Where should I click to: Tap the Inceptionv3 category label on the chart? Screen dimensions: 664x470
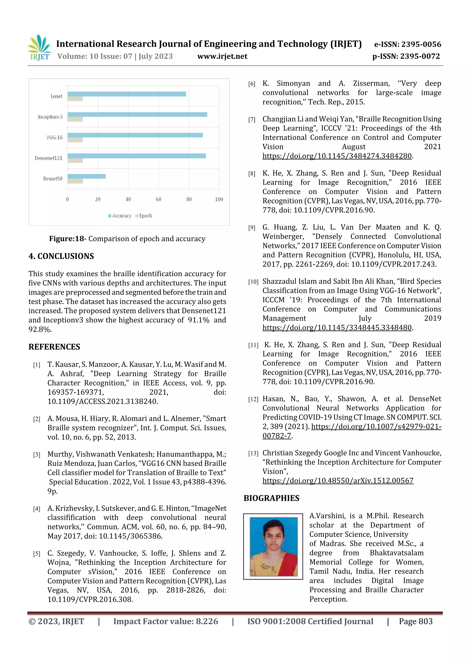coord(50,117)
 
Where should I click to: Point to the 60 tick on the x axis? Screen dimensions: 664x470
coord(158,199)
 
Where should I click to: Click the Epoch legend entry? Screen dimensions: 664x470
coord(144,216)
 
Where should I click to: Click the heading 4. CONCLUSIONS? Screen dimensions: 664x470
coord(61,256)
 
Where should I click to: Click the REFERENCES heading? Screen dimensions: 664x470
coord(54,347)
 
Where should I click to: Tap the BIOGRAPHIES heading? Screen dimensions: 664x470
coord(271,498)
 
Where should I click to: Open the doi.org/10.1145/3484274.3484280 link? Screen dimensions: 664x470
coord(337,156)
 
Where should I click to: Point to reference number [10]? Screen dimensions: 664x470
coord(253,282)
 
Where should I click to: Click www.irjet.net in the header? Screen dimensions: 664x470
coord(222,56)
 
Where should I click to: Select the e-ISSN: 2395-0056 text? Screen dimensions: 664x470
coord(407,44)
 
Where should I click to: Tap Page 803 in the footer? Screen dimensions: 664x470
coord(416,622)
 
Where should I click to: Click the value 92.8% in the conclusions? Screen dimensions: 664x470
coord(40,329)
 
